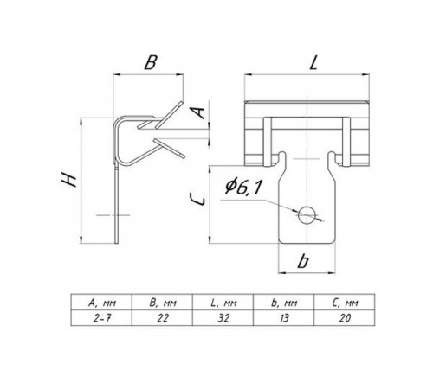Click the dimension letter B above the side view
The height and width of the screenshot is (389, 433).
click(x=150, y=62)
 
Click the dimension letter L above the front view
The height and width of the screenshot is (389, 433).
click(x=313, y=62)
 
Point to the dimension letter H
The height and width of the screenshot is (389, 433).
click(x=69, y=180)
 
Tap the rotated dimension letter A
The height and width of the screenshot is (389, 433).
click(x=198, y=112)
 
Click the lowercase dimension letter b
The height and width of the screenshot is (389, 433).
click(x=303, y=261)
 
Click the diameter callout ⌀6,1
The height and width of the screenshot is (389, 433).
click(x=243, y=188)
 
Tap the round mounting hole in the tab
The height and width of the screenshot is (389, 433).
click(x=307, y=214)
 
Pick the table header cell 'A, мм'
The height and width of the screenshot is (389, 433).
click(x=101, y=303)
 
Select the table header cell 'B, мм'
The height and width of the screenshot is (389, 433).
click(x=162, y=303)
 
